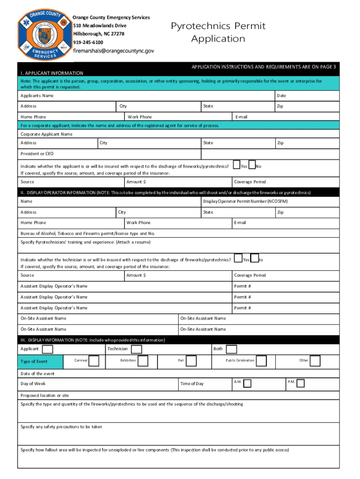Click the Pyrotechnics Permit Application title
[218, 32]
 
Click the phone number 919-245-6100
[88, 42]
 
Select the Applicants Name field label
[37, 96]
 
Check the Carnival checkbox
[94, 361]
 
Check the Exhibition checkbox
[143, 361]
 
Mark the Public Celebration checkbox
[261, 361]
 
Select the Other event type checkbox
[315, 361]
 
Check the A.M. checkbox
[248, 384]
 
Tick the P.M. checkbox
[301, 384]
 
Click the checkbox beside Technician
[136, 349]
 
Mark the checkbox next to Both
[231, 349]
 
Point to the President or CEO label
[37, 154]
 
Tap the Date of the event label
[37, 374]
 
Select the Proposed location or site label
[45, 396]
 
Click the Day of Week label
[33, 384]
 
